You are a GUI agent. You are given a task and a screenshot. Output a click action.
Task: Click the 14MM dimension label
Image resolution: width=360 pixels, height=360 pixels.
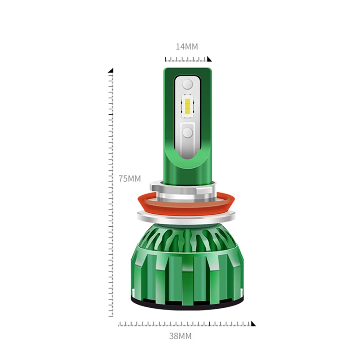pos(187,47)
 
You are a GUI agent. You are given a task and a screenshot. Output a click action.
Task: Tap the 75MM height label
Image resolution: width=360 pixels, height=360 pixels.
pos(130,179)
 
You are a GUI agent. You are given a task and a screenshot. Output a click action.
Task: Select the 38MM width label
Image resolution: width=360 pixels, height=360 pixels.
pos(180,336)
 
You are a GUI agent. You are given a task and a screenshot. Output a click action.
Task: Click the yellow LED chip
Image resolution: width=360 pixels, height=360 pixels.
pos(187,106)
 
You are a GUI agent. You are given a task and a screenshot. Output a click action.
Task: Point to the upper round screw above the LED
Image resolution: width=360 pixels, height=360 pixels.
pos(188,84)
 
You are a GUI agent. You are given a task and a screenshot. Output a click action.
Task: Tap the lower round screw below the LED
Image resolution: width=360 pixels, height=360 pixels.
pos(188,133)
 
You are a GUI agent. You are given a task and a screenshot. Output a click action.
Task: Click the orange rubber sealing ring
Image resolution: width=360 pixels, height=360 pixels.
pos(186,204)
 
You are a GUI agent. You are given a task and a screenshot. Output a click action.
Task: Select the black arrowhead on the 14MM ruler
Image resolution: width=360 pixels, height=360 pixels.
pos(209,59)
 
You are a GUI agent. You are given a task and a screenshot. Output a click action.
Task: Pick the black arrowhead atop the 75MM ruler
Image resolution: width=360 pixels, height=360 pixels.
pos(111,71)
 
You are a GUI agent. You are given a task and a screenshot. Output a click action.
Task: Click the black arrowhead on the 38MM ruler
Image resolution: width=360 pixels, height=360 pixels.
pos(253,324)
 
